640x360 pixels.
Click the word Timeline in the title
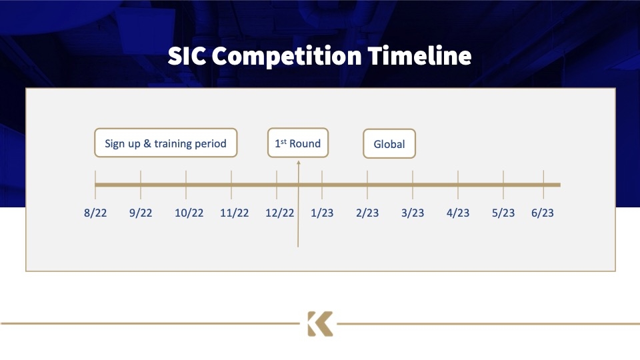coord(419,55)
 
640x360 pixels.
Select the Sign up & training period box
coord(166,143)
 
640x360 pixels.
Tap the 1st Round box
coord(298,143)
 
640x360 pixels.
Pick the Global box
coord(389,144)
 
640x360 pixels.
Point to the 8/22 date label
coord(95,213)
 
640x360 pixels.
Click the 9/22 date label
coord(141,213)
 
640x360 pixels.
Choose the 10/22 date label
coord(189,213)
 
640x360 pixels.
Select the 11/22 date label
coord(234,213)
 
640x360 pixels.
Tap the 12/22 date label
coord(279,213)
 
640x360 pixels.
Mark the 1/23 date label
coord(322,213)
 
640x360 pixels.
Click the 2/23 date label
coord(367,213)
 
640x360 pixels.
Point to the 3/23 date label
coord(413,213)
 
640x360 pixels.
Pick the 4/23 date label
coord(458,213)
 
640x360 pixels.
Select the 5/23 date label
coord(503,213)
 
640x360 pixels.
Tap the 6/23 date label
coord(543,213)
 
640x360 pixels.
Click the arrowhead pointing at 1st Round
coord(299,163)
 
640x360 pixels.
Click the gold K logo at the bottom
coord(320,324)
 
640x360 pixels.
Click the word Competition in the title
coord(287,56)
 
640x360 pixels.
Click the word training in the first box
coord(173,144)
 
